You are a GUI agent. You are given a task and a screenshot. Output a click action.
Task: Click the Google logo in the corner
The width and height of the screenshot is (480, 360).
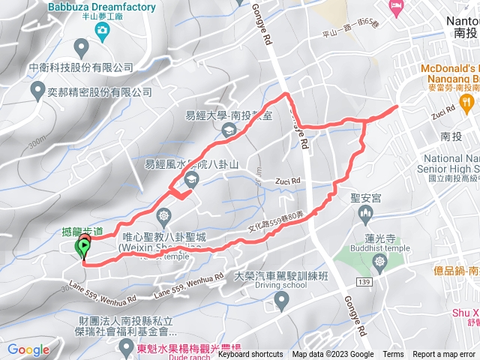[28, 349]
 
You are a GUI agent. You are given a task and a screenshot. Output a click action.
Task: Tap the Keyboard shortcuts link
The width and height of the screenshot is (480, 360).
[251, 355]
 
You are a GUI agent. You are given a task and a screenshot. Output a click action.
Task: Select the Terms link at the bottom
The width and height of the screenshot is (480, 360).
[393, 355]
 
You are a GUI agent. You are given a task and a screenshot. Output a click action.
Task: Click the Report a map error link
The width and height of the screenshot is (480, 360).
[444, 355]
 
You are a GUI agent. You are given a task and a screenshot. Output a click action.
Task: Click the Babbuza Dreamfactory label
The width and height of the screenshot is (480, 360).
[102, 7]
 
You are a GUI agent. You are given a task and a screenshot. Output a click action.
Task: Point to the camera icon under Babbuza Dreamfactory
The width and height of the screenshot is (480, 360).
[102, 30]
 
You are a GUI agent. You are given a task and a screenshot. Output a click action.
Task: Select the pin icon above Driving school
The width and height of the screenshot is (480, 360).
[282, 301]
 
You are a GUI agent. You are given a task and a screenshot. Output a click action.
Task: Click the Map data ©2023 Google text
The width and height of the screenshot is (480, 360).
[332, 355]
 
